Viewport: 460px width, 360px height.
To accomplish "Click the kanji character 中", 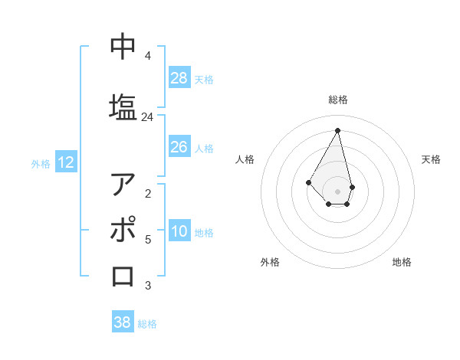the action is click(x=123, y=46).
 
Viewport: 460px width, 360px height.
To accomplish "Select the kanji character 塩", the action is click(x=123, y=106).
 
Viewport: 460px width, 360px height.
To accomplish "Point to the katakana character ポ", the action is click(x=123, y=230).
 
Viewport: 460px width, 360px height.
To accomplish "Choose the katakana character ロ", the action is click(x=123, y=275).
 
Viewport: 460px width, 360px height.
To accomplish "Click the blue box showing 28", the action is click(x=179, y=78).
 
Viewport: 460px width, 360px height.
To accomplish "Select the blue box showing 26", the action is click(x=179, y=147).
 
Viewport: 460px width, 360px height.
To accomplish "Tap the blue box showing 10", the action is click(x=179, y=231).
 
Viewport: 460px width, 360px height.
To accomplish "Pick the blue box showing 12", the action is click(x=66, y=162).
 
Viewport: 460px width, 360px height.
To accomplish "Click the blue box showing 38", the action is click(x=123, y=322).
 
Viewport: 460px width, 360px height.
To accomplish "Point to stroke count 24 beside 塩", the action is click(x=147, y=117).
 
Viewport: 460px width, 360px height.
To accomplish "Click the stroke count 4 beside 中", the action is click(x=147, y=56).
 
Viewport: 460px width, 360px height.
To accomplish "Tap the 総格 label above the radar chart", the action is click(x=338, y=100).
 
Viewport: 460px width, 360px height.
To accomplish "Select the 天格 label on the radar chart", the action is click(x=431, y=159).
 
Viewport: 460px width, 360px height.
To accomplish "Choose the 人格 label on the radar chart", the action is click(x=245, y=159).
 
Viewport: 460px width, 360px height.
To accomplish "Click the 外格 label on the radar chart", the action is click(x=270, y=262).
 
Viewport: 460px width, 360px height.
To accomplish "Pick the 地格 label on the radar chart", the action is click(x=402, y=262).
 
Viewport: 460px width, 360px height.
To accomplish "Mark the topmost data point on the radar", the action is click(x=337, y=129).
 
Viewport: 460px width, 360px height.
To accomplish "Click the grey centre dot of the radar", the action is click(x=337, y=191).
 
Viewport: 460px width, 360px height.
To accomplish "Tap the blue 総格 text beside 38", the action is click(x=147, y=324).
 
